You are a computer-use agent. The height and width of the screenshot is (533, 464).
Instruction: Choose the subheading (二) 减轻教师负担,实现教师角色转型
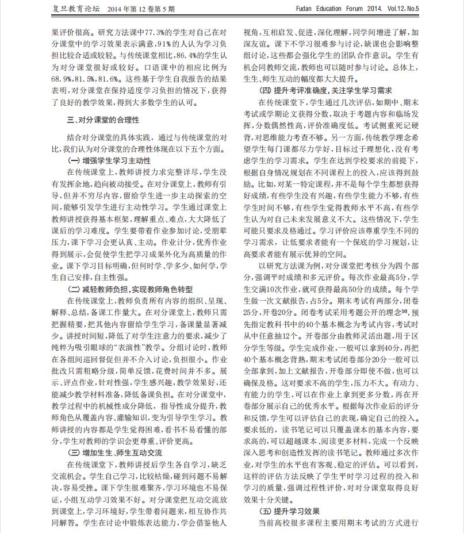(131, 290)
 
